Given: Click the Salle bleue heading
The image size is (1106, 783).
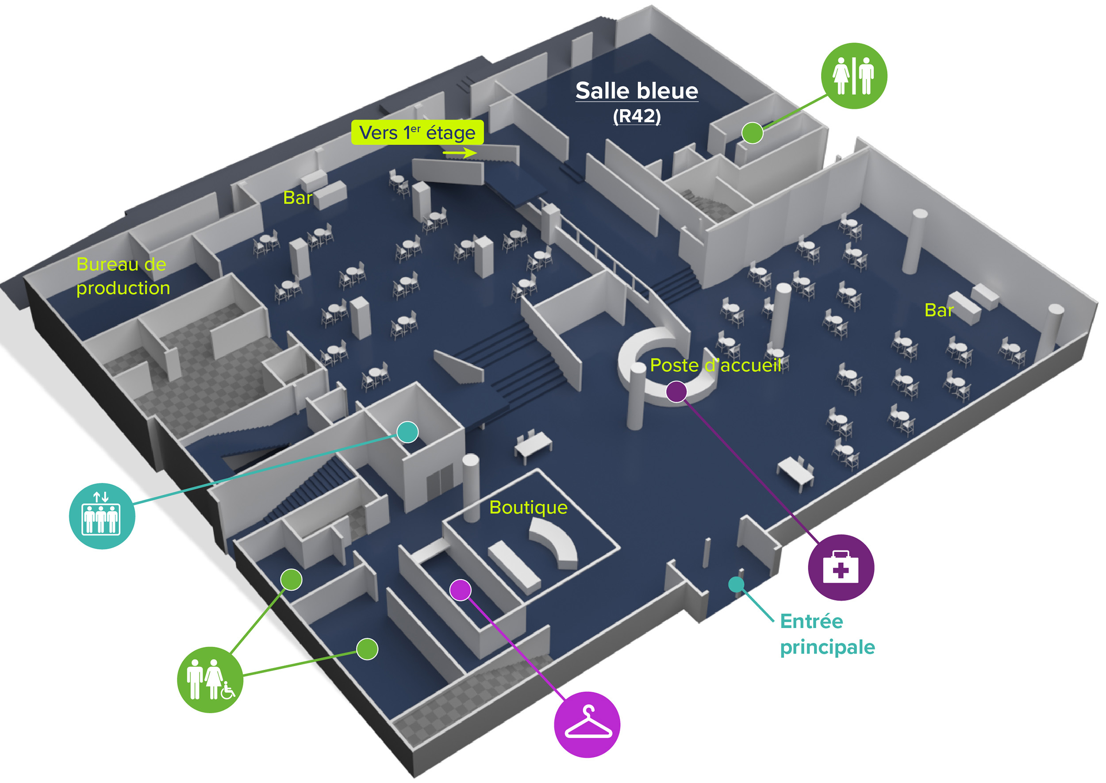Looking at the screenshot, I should click(637, 91).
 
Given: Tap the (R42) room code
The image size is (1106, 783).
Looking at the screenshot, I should click(637, 116).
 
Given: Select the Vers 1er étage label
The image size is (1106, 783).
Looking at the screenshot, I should click(418, 133).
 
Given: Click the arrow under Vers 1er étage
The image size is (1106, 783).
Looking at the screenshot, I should click(460, 153).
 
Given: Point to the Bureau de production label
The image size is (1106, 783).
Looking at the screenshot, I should click(123, 276).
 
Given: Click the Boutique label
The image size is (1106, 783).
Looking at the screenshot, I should click(528, 507).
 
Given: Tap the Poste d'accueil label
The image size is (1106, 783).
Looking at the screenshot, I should click(715, 365).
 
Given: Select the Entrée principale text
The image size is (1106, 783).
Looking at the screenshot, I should click(827, 634).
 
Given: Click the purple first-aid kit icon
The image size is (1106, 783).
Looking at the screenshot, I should click(841, 568).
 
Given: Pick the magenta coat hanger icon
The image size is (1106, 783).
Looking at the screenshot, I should click(587, 725).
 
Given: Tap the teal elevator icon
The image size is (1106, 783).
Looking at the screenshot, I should click(102, 516).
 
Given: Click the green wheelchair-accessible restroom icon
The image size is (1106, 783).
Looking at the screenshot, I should click(210, 680).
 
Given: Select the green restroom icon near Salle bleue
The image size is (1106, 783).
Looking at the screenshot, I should click(854, 76).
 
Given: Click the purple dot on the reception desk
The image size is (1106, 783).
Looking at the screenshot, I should click(676, 391).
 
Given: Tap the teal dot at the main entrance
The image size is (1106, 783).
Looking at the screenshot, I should click(736, 584).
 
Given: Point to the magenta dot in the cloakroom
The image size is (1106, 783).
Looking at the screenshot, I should click(461, 590).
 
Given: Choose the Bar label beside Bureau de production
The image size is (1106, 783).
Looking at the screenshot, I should click(297, 198).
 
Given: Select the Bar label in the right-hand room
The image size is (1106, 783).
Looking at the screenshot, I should click(939, 311).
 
